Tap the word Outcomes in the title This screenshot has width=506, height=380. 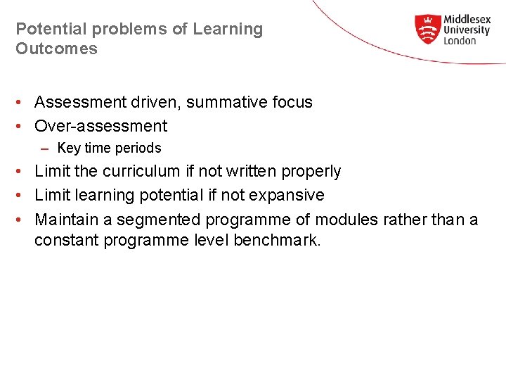[56, 49]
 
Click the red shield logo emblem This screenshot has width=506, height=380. [427, 30]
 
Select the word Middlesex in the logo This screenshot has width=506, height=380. [467, 20]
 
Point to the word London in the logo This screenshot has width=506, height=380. [460, 41]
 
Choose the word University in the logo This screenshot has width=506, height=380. [467, 30]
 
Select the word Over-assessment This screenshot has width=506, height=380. [101, 127]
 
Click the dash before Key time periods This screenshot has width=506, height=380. [45, 148]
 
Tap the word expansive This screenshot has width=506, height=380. [290, 196]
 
